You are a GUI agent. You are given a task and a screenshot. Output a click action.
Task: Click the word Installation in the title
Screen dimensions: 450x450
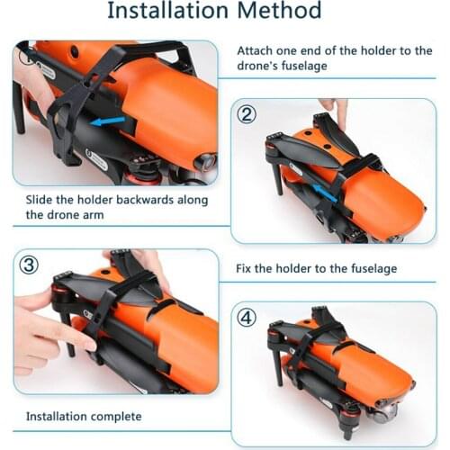pyautogui.click(x=168, y=11)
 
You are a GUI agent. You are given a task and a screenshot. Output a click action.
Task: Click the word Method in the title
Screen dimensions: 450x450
pyautogui.click(x=279, y=11)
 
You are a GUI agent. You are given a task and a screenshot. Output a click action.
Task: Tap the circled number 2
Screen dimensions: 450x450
pyautogui.click(x=247, y=114)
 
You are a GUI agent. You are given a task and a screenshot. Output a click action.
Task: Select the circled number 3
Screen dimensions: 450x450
pyautogui.click(x=29, y=265)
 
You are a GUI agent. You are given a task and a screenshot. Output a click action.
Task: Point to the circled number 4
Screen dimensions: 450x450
pyautogui.click(x=247, y=318)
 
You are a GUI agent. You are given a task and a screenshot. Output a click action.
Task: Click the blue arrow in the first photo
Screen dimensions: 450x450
pyautogui.click(x=107, y=121)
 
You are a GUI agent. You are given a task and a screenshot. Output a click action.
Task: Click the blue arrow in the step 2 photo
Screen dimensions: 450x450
pyautogui.click(x=324, y=192)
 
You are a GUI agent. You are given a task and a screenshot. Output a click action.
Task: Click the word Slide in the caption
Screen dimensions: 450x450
pyautogui.click(x=39, y=200)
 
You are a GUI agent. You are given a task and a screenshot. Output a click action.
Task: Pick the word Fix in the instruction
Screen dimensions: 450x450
pyautogui.click(x=243, y=268)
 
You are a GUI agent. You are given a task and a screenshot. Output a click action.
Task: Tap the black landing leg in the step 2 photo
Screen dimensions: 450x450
pyautogui.click(x=278, y=179)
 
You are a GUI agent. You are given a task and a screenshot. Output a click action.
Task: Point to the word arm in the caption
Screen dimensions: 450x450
pyautogui.click(x=94, y=215)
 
